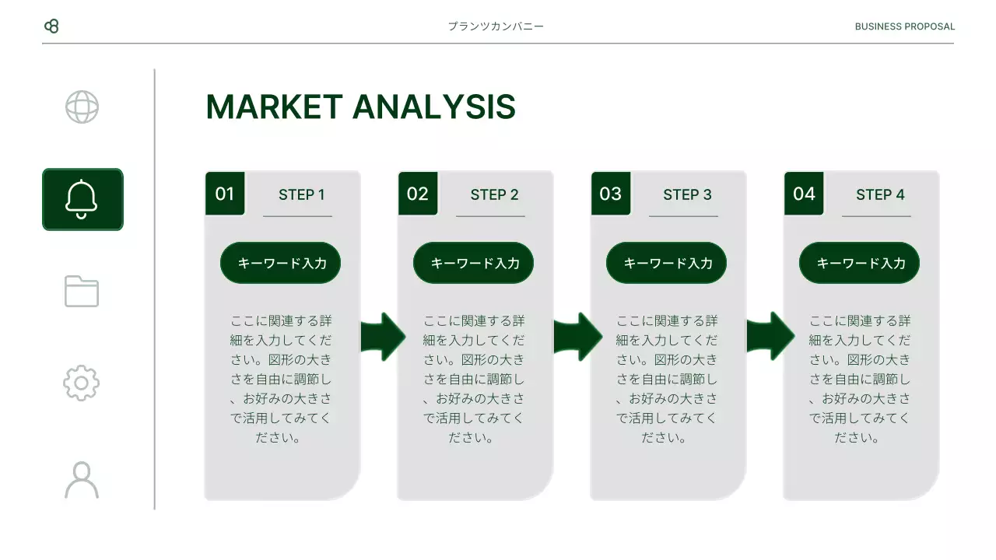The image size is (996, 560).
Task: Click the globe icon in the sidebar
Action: click(x=82, y=107)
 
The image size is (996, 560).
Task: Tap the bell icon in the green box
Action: click(x=82, y=199)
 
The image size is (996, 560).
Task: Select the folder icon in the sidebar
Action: click(x=82, y=291)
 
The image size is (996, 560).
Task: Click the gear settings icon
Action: click(x=82, y=383)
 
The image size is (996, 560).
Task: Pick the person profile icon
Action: click(x=82, y=479)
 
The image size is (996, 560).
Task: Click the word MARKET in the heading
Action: click(x=274, y=107)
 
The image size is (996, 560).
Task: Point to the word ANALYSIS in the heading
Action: click(x=434, y=107)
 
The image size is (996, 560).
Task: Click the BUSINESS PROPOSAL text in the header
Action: click(x=904, y=26)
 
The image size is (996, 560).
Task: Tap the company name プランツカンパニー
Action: click(x=496, y=26)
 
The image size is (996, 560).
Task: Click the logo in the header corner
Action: click(x=51, y=26)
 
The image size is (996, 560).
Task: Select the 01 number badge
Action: click(x=225, y=194)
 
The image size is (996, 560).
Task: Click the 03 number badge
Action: click(x=611, y=194)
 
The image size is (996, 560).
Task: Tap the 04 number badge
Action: click(x=804, y=194)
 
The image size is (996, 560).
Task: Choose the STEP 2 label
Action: click(x=494, y=194)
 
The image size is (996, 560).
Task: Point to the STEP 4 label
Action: click(x=880, y=194)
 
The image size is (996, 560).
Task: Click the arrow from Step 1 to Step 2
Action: click(x=382, y=336)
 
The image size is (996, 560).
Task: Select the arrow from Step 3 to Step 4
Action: click(x=770, y=336)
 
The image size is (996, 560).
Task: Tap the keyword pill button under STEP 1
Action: click(x=281, y=263)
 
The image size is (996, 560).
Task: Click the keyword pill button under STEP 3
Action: click(x=667, y=263)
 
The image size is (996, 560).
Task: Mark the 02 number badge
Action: click(x=418, y=194)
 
